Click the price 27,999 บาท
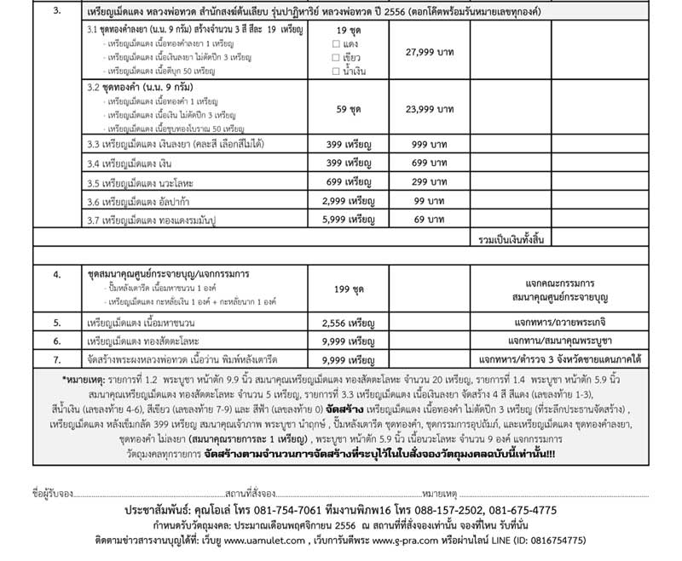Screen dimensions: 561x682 (x=431, y=53)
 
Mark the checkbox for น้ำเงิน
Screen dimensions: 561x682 (x=338, y=71)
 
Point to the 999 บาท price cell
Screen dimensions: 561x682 (x=431, y=144)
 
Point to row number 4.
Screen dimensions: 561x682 (x=56, y=275)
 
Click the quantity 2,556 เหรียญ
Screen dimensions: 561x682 (x=351, y=323)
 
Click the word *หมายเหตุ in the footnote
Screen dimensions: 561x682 (x=82, y=379)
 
